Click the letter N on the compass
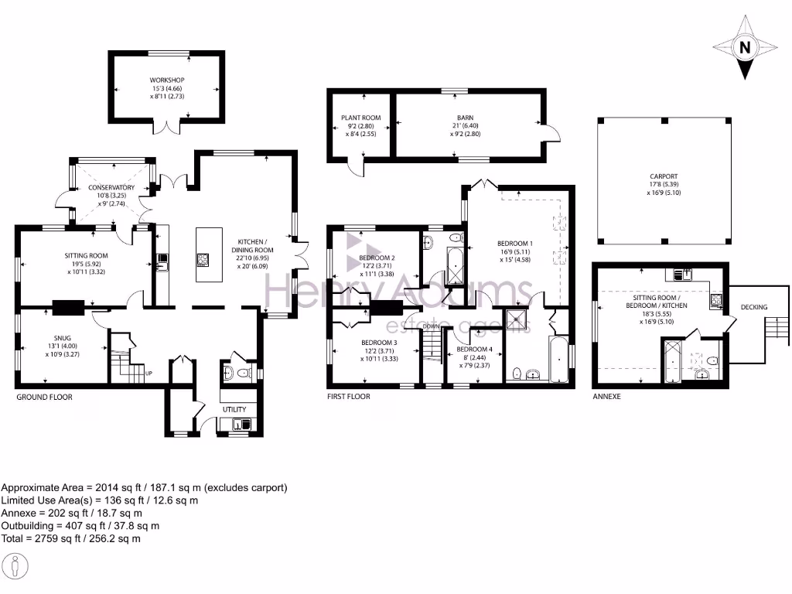[745, 47]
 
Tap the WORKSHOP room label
[167, 80]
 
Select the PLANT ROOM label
[361, 118]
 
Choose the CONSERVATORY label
[111, 188]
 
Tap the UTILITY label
[234, 409]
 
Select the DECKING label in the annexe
[754, 307]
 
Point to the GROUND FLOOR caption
[45, 397]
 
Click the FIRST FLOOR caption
[348, 397]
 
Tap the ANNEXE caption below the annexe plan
[606, 397]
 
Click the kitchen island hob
[205, 258]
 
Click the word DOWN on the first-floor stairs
[431, 326]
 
